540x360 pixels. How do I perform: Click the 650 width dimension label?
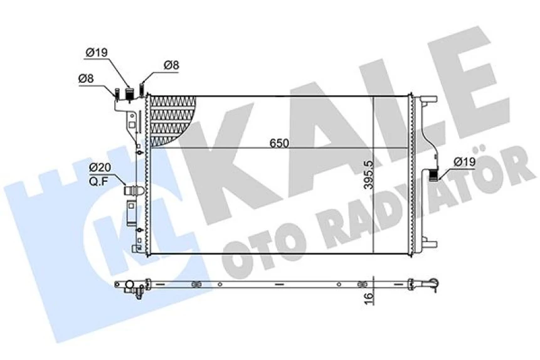280,143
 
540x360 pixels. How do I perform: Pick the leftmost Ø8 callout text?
86,78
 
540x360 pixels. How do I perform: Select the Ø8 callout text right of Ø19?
172,65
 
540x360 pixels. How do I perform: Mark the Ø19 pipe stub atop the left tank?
130,94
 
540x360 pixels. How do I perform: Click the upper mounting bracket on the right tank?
428,100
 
